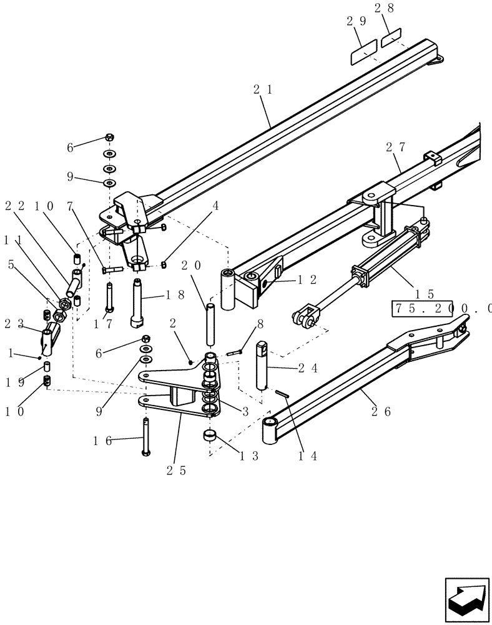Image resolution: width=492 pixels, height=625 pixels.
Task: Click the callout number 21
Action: pyautogui.click(x=263, y=90)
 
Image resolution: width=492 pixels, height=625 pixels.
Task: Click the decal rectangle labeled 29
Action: pyautogui.click(x=362, y=53)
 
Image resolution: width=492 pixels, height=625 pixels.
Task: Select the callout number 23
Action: pyautogui.click(x=14, y=324)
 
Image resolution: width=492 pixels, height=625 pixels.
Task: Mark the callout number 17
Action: pyautogui.click(x=103, y=324)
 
